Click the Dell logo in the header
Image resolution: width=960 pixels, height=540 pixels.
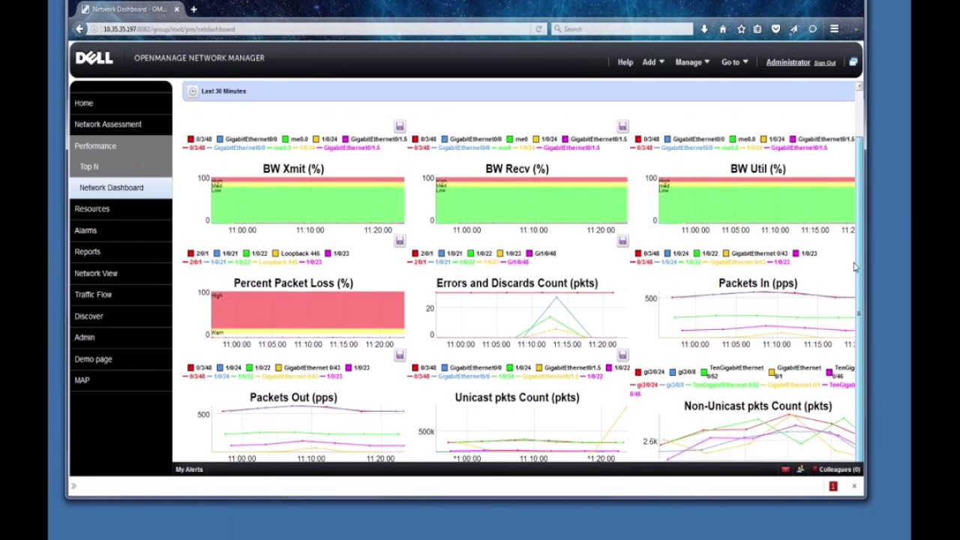click(x=94, y=58)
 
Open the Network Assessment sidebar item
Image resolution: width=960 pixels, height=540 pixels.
click(x=108, y=124)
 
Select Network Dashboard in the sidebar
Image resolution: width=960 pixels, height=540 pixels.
click(x=111, y=187)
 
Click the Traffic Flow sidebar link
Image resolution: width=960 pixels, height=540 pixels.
click(x=93, y=295)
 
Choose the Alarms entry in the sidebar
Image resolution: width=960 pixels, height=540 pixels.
click(x=85, y=230)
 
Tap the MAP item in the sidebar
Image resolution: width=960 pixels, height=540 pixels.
click(x=82, y=380)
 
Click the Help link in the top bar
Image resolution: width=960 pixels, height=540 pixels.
click(x=625, y=62)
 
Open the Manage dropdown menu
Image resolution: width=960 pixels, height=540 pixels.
click(x=691, y=62)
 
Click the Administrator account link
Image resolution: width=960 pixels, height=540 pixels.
click(x=787, y=62)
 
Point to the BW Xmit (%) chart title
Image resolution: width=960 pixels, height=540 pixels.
click(x=293, y=169)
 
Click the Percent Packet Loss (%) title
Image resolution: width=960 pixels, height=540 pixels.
click(x=293, y=283)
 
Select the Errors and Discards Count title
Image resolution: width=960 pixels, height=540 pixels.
click(x=517, y=283)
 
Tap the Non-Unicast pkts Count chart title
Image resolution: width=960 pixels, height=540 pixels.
click(x=757, y=406)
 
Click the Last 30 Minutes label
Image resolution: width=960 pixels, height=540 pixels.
click(x=223, y=91)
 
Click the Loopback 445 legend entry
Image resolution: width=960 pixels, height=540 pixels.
click(x=300, y=253)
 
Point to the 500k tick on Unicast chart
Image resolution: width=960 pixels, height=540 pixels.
click(x=426, y=431)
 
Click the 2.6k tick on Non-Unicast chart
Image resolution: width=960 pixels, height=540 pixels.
click(x=649, y=441)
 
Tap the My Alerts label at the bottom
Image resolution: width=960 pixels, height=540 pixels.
click(x=189, y=469)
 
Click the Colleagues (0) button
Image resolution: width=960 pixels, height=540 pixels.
click(x=838, y=469)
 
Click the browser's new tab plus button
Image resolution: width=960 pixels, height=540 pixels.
click(x=193, y=9)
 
